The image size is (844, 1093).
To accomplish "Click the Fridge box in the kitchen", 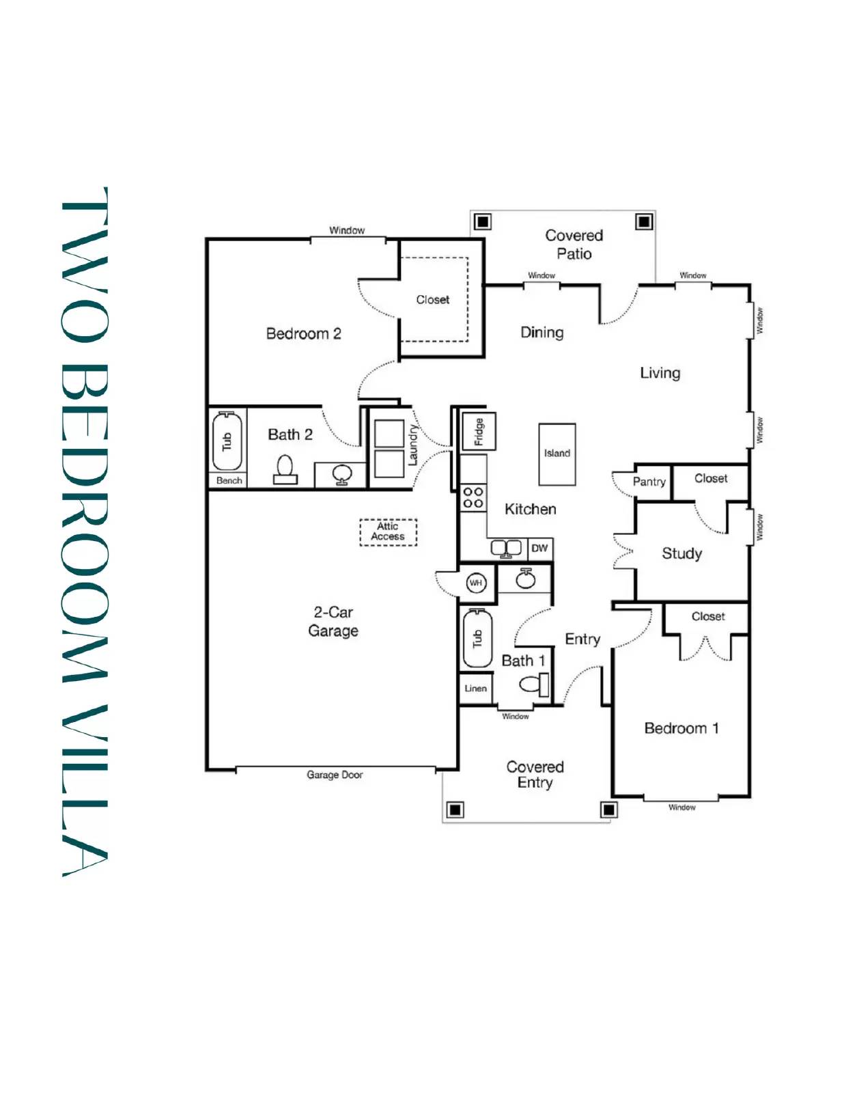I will point(479,431).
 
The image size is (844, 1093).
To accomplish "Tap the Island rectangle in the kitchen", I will point(557,454).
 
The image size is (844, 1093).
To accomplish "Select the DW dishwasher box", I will point(539,548).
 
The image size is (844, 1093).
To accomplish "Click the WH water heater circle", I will point(475,583).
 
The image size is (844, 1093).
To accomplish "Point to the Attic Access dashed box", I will point(388,531).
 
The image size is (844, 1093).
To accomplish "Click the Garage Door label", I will point(335,775).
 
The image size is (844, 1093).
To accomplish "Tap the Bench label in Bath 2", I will point(229,480).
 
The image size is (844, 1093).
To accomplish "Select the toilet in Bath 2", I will point(285,469).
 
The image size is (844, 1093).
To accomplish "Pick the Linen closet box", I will point(475,688).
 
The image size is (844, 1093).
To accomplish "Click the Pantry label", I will point(649,482).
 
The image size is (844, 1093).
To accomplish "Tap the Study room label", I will point(681,553).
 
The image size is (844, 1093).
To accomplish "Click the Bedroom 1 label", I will point(681,728).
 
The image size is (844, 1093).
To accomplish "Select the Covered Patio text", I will point(574,245).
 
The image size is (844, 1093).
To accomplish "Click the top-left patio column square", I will point(483,221).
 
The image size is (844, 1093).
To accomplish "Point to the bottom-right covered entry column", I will point(608,810).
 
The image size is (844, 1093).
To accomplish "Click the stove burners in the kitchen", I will point(473,497).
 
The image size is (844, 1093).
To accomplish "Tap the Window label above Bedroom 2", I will point(347,230).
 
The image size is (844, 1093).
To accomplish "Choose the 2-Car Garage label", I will point(333,621).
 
